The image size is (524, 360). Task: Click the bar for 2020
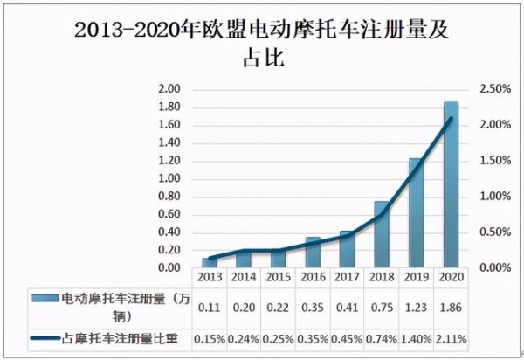click(451, 185)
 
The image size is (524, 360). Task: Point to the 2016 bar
click(312, 253)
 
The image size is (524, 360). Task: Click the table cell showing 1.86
click(451, 308)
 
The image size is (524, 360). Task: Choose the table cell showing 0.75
click(382, 308)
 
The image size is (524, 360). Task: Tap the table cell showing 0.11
click(210, 308)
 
